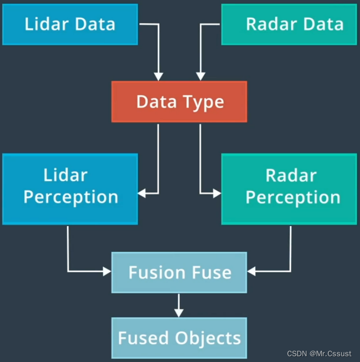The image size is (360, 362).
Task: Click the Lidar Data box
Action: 70,24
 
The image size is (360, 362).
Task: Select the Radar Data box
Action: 289,24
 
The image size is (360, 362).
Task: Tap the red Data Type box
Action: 179,102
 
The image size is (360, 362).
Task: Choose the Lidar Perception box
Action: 70,188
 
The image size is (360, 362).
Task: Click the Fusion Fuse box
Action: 179,272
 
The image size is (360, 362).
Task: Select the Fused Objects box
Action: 179,338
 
